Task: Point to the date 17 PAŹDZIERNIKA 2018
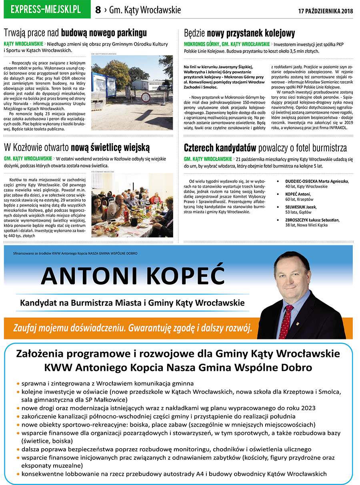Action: click(326, 11)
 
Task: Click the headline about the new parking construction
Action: click(75, 33)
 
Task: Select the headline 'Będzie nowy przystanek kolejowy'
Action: click(239, 33)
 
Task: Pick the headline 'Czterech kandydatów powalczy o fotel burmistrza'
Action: click(265, 148)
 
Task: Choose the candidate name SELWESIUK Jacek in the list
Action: click(300, 207)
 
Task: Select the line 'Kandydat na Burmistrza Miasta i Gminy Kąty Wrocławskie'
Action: click(132, 303)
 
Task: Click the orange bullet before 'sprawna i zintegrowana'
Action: click(18, 383)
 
